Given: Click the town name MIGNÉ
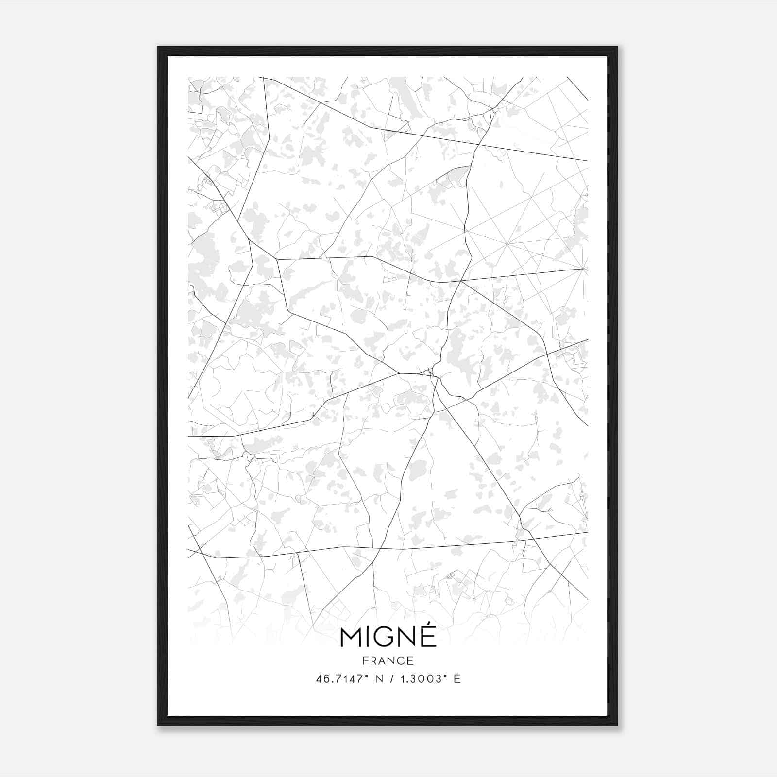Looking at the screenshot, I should [x=388, y=638].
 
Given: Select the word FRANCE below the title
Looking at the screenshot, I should [x=388, y=660].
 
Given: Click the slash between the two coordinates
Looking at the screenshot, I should [x=392, y=679].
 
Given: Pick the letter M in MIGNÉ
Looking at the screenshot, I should [x=351, y=638].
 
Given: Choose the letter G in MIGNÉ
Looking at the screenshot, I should [x=384, y=638].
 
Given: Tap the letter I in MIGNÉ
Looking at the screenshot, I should [x=368, y=638].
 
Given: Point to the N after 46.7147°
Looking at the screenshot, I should [x=379, y=679].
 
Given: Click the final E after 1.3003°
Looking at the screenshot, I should [x=457, y=679].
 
